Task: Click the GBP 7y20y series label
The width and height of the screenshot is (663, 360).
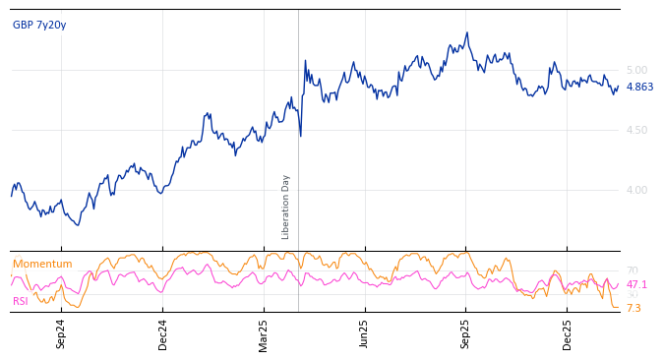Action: click(x=39, y=26)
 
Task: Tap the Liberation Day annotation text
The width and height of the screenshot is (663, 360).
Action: click(x=286, y=207)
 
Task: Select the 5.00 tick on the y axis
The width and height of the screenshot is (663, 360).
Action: click(x=636, y=70)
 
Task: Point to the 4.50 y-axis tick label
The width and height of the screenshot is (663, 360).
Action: click(x=636, y=130)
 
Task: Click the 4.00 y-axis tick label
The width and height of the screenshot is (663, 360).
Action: click(x=636, y=190)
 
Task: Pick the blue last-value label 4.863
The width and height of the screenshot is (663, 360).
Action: click(x=639, y=88)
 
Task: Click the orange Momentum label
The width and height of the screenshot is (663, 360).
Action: click(x=42, y=265)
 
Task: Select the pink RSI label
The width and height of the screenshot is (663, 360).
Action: click(x=21, y=301)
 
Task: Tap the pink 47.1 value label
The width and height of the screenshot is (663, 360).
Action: click(x=636, y=285)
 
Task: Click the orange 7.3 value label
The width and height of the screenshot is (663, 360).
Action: click(x=633, y=309)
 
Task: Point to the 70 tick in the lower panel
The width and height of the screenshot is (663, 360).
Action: click(x=632, y=270)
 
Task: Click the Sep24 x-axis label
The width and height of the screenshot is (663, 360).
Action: click(x=61, y=333)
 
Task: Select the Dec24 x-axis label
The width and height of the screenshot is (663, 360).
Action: click(x=163, y=333)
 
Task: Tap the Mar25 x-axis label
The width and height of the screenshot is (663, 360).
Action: click(x=264, y=333)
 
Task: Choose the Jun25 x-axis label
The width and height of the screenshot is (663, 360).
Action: click(x=365, y=333)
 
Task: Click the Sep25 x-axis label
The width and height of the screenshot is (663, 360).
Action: click(x=466, y=333)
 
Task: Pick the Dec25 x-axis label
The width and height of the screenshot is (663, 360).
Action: click(x=568, y=333)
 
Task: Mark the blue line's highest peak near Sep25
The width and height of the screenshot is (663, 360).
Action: click(x=467, y=32)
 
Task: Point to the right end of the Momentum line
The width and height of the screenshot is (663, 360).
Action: click(x=619, y=308)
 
